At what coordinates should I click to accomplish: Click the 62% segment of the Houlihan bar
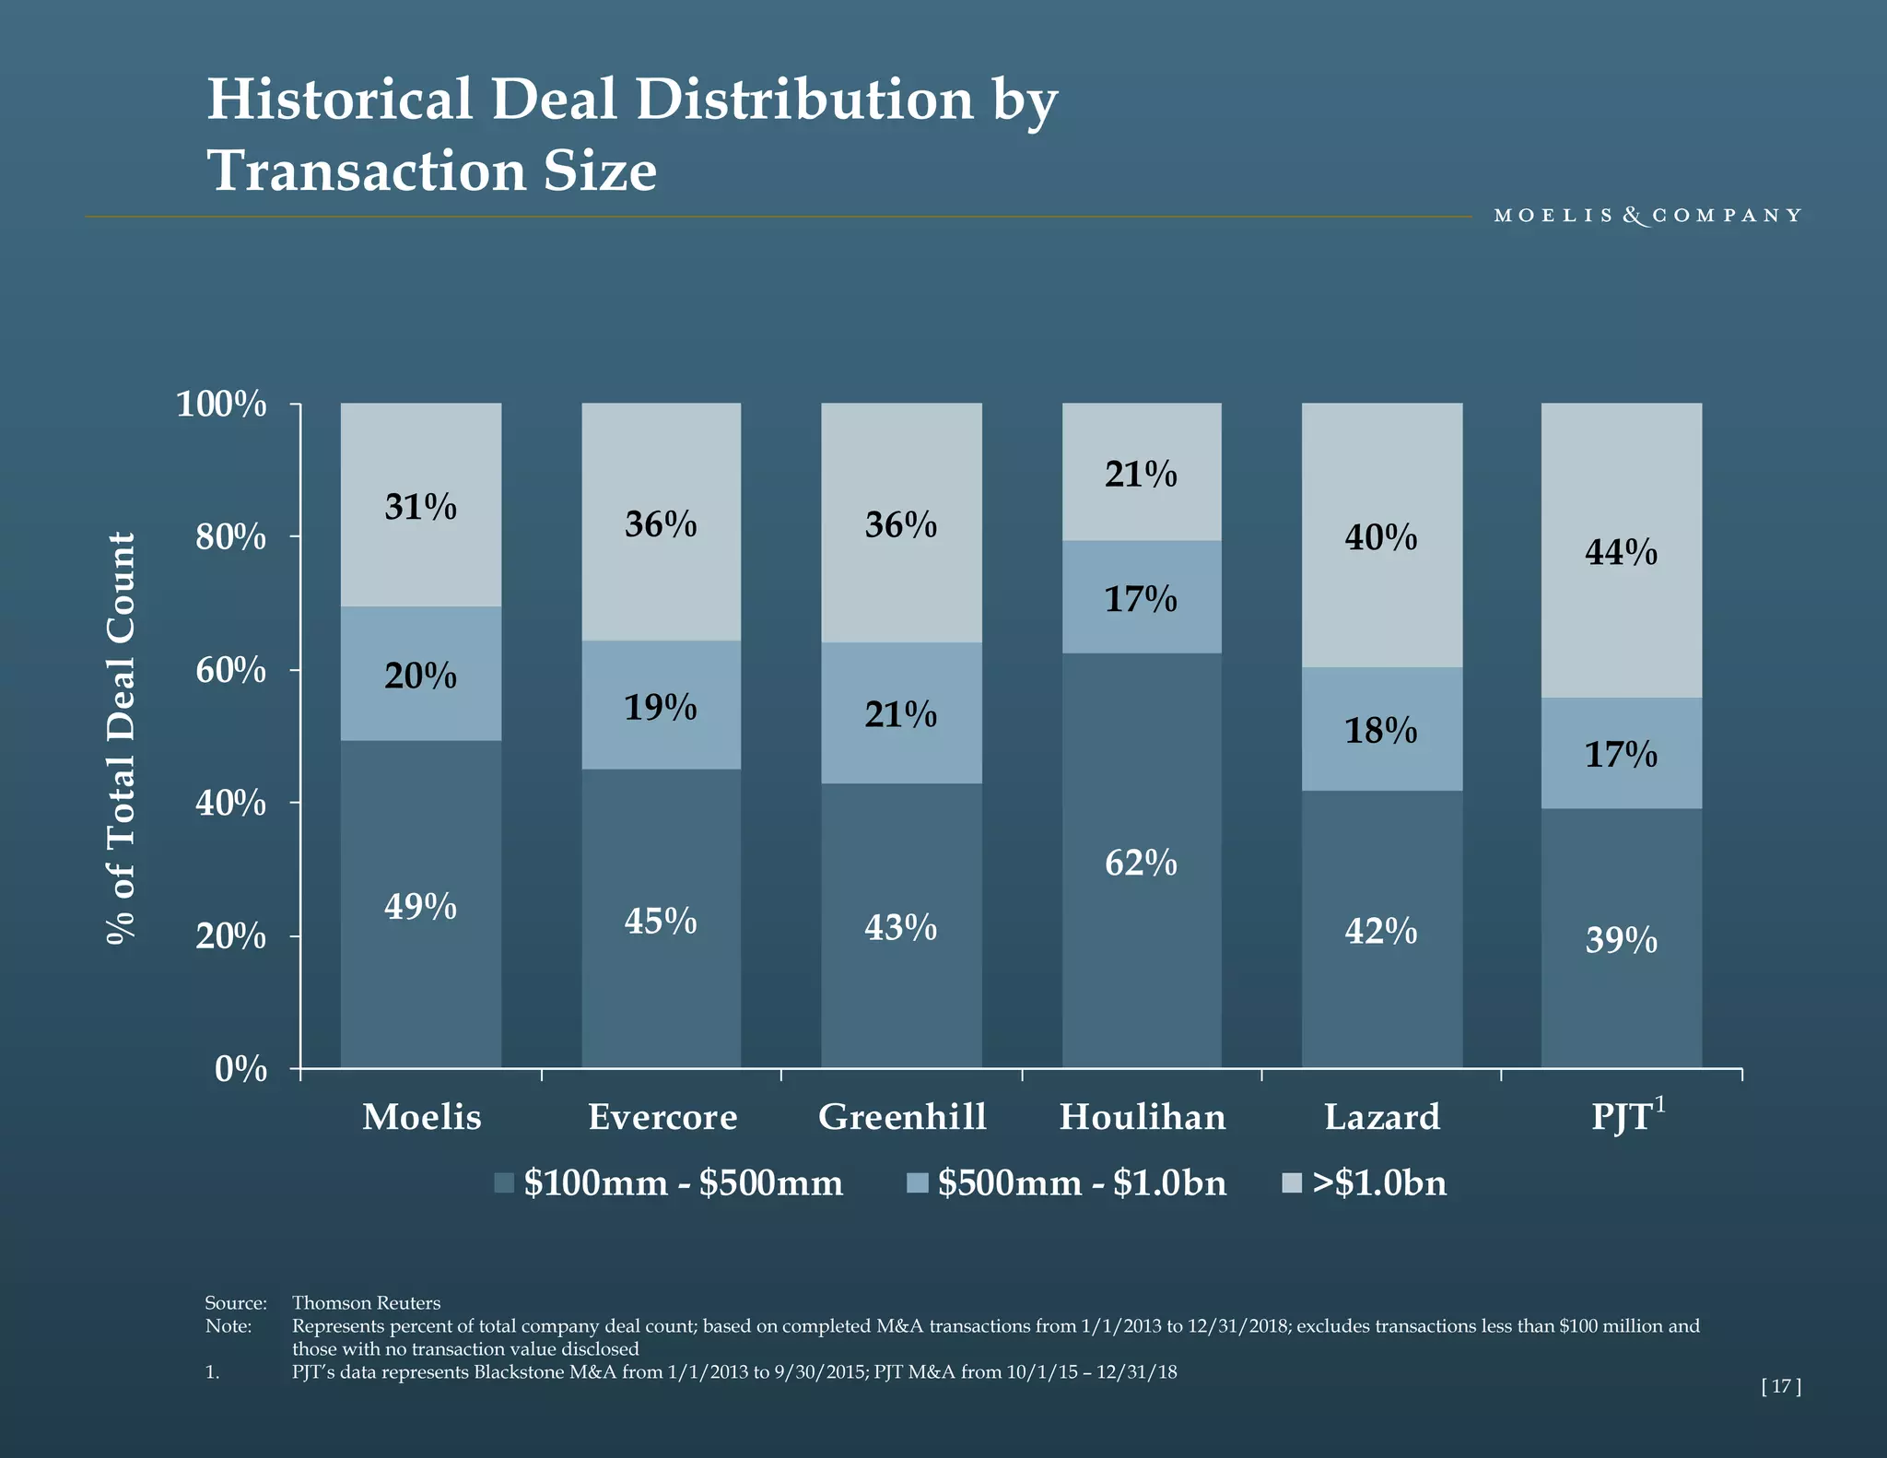[1142, 862]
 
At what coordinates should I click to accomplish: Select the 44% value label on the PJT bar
[1621, 552]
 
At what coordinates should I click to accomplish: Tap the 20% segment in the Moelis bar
[421, 675]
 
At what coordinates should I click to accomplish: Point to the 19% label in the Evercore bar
[661, 707]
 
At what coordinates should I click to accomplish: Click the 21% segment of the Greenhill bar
[901, 713]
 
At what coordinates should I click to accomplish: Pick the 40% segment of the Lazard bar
[1381, 536]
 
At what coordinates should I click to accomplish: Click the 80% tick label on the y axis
[230, 536]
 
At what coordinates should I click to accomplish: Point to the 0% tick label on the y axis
[240, 1069]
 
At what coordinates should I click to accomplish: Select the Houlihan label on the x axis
[1143, 1117]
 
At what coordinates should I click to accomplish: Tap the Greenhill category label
[902, 1117]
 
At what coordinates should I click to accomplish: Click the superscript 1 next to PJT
[1660, 1104]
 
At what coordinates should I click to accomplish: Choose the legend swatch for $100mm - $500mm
[504, 1182]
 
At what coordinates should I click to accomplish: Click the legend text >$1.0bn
[1379, 1182]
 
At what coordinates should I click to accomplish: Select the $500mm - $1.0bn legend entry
[1082, 1182]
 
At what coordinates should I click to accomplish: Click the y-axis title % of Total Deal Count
[121, 737]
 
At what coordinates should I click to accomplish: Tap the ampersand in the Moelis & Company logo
[1634, 216]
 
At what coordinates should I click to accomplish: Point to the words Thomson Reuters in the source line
[366, 1302]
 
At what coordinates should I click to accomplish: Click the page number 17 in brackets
[1780, 1386]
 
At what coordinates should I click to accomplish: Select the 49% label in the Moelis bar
[421, 907]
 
